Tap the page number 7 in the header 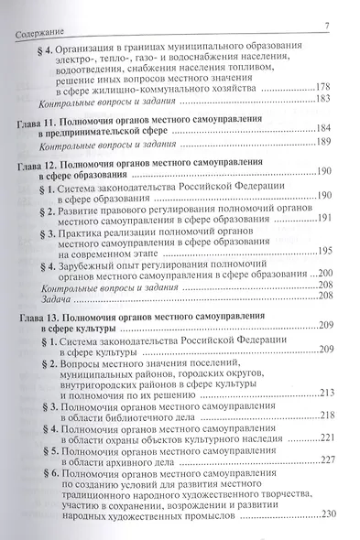326,27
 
